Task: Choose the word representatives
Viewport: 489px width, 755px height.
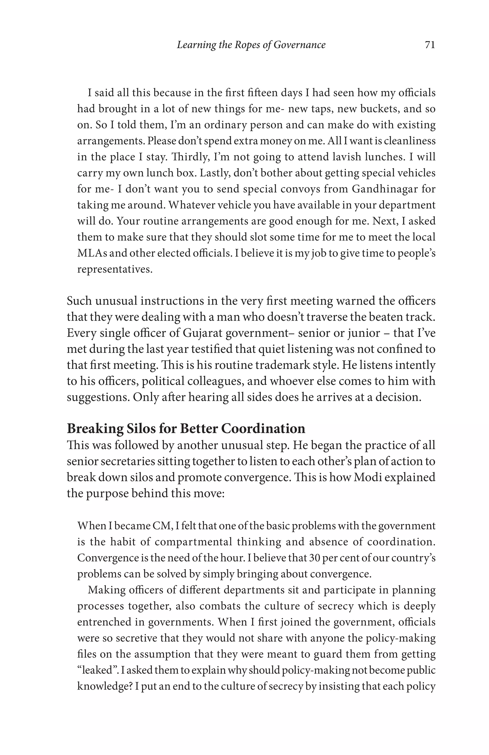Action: (x=115, y=269)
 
